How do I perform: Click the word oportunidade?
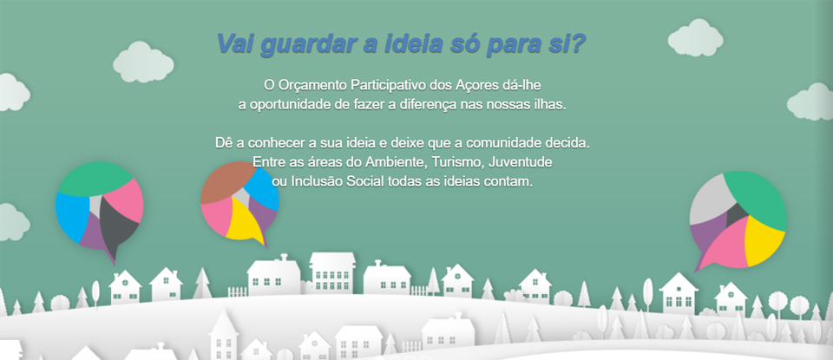pos(291,105)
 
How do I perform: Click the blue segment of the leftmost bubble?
pos(72,216)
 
